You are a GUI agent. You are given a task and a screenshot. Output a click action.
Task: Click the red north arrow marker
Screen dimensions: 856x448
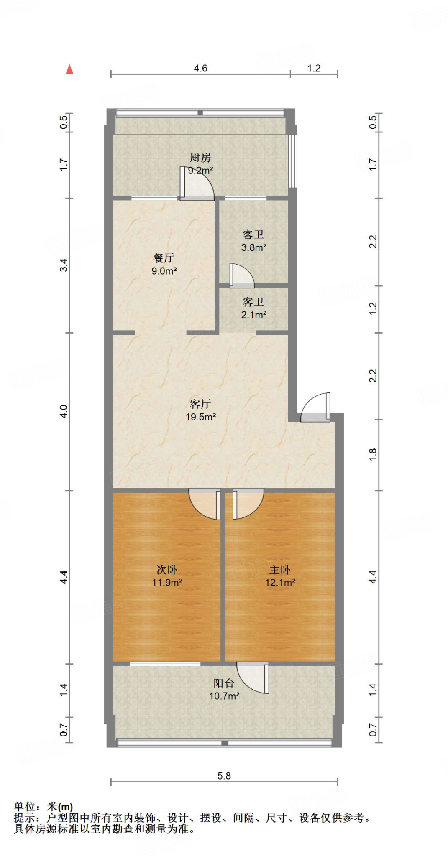click(69, 69)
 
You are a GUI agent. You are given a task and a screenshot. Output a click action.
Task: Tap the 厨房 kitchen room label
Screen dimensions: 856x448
click(200, 163)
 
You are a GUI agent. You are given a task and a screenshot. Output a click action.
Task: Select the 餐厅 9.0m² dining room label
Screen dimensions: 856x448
click(164, 264)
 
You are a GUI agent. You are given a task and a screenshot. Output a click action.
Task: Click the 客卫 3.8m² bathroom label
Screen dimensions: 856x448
click(253, 241)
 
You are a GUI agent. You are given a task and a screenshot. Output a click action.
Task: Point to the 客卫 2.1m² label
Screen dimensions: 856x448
click(253, 308)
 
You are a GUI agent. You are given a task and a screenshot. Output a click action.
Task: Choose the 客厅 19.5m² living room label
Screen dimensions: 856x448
click(201, 410)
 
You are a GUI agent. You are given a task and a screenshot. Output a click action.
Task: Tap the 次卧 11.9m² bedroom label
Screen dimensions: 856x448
click(167, 576)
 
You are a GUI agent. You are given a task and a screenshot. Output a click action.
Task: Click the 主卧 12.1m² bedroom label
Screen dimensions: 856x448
click(280, 576)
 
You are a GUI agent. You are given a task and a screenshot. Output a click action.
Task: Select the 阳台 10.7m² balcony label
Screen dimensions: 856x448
click(224, 689)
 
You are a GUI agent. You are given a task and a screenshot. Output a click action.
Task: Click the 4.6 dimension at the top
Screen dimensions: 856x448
click(200, 68)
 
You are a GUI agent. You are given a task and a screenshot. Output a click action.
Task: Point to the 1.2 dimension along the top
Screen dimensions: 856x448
click(314, 68)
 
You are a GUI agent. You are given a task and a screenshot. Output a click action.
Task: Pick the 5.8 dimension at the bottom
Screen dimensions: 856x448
click(224, 776)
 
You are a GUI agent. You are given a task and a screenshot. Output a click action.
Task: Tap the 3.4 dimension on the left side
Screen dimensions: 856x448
click(64, 265)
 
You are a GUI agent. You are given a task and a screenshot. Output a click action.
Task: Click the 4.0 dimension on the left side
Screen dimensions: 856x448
click(64, 411)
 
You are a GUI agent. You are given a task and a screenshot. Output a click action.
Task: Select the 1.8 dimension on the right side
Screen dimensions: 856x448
click(373, 454)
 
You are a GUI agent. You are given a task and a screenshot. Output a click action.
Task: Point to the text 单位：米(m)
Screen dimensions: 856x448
click(44, 806)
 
